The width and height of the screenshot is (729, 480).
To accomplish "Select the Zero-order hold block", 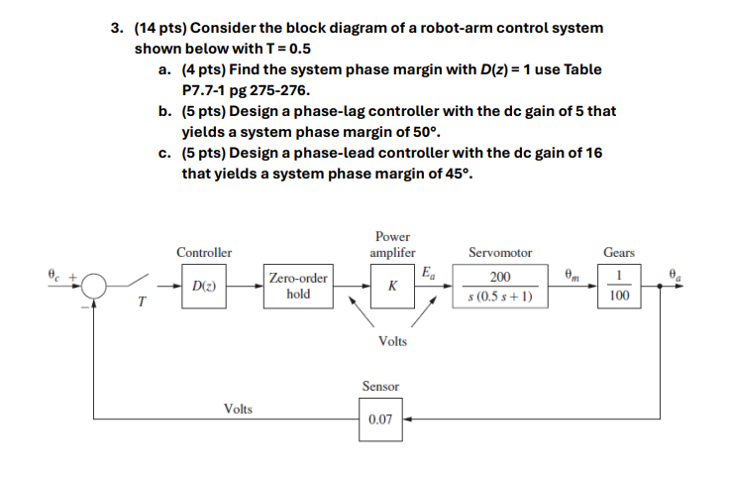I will pos(297,287).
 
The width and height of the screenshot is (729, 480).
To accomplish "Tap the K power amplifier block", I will pos(393,287).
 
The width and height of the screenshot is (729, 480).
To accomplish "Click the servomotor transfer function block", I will pos(499,287).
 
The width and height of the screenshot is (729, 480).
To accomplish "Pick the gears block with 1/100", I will pos(620,287).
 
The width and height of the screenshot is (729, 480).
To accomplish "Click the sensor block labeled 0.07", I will pos(380,420).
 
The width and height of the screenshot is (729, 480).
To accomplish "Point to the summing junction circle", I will pos(94,287).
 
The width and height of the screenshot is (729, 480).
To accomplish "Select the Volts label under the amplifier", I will pos(392,341).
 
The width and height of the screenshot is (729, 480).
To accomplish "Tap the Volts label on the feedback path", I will pos(238,408).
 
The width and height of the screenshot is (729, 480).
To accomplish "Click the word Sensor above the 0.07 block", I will pos(380,386).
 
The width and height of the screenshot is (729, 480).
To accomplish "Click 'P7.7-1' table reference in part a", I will pos(205,89).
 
